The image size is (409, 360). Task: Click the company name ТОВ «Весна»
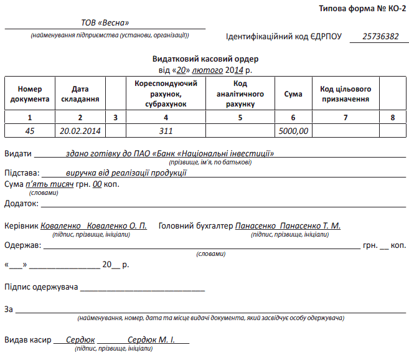coord(105,23)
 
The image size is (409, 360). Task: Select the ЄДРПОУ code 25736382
coord(380,36)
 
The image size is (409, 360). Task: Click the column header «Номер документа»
coord(29,94)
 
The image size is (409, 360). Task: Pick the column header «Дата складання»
coord(80,94)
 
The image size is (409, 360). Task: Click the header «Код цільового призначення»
coord(346,94)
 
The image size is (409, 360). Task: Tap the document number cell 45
coord(29,131)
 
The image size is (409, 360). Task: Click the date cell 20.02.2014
coord(80,131)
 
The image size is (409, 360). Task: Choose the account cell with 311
coord(166,131)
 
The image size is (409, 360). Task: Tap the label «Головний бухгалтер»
coord(196,225)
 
